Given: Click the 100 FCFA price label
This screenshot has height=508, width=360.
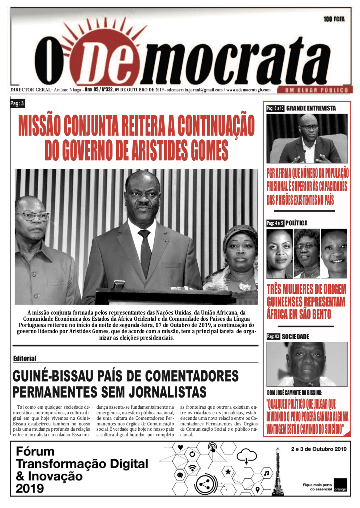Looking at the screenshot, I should point(334,19).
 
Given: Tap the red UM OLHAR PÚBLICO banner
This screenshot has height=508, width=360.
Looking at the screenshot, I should point(314,90).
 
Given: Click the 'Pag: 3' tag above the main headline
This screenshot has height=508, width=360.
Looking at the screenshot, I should point(17,103).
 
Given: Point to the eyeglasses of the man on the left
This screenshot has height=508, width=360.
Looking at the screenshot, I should point(35,216).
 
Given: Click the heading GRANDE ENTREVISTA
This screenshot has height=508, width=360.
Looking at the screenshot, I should point(311,108).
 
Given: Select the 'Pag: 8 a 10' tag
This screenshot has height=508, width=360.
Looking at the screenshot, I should point(275,108).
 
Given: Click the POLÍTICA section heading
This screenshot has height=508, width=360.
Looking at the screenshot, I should point(296,223).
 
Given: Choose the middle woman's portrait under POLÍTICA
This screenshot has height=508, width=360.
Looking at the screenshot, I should point(306,254).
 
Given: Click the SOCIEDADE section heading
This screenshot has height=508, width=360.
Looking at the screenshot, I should point(295,336).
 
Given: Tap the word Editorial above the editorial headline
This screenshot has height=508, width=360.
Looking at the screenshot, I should point(25,358).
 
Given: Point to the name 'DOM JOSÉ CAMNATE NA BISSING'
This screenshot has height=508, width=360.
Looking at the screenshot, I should point(294,393).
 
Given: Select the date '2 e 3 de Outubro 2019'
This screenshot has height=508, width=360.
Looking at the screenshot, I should point(319,449).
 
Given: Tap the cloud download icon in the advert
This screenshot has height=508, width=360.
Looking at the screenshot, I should point(246,456).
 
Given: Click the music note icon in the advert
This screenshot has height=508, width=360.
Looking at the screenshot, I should point(266,473).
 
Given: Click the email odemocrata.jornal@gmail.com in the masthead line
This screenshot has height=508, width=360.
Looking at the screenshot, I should point(195,90).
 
